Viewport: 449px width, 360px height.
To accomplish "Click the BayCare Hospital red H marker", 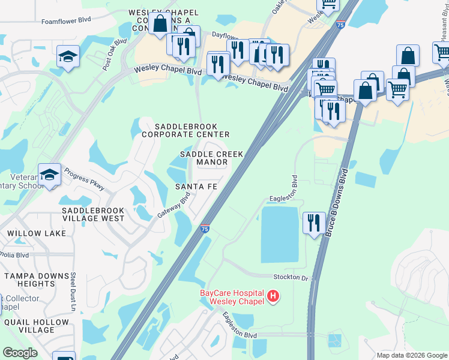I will [x=273, y=296].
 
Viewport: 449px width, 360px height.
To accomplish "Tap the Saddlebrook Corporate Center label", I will [x=185, y=130].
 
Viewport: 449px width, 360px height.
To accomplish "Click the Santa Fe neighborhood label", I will [x=196, y=187].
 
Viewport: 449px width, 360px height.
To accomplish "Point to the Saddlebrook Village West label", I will [x=92, y=214].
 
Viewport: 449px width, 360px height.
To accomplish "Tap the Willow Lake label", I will [x=28, y=233].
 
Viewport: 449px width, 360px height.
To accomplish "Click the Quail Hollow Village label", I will [x=37, y=326].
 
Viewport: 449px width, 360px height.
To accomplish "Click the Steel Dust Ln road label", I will [x=73, y=292].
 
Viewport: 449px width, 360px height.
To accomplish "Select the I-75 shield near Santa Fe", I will [x=205, y=229].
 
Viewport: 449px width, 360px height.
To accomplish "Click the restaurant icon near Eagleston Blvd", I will [x=314, y=223].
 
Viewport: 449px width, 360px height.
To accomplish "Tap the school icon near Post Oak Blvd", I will [x=67, y=56].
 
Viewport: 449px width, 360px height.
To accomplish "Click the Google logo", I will [x=20, y=353].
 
